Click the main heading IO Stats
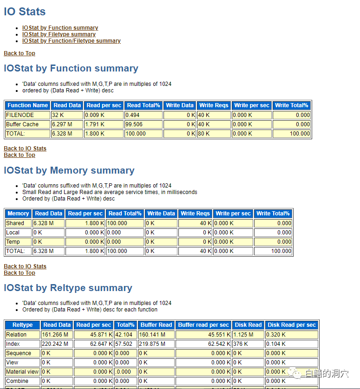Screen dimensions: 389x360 25,12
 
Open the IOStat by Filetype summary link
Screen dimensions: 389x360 59,34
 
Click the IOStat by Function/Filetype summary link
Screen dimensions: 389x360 72,41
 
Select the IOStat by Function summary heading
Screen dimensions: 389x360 71,69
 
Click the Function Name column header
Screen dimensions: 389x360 27,105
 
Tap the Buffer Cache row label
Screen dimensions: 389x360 22,124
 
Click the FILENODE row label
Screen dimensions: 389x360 20,115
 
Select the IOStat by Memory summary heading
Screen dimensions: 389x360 69,171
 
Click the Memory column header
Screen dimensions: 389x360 18,214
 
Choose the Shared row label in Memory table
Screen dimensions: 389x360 15,223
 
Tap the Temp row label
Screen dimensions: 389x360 13,242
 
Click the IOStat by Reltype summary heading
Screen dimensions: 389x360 68,288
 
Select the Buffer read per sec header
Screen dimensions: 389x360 203,325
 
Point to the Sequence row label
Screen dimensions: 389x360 19,353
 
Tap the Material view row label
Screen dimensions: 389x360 22,372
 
